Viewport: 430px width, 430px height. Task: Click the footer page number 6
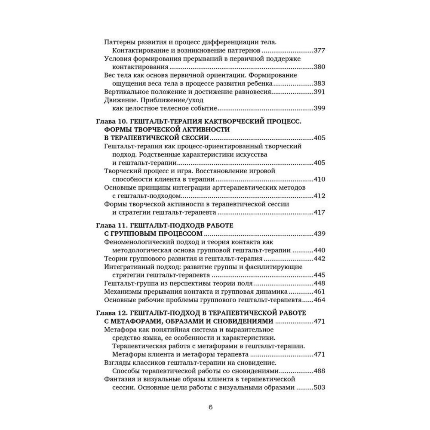(210, 408)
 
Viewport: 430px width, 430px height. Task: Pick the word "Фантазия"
(119, 379)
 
